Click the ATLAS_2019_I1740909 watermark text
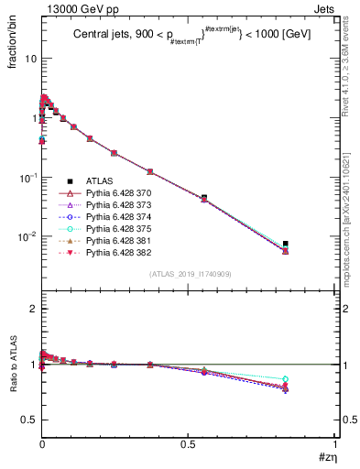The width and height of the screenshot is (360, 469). (x=189, y=274)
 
